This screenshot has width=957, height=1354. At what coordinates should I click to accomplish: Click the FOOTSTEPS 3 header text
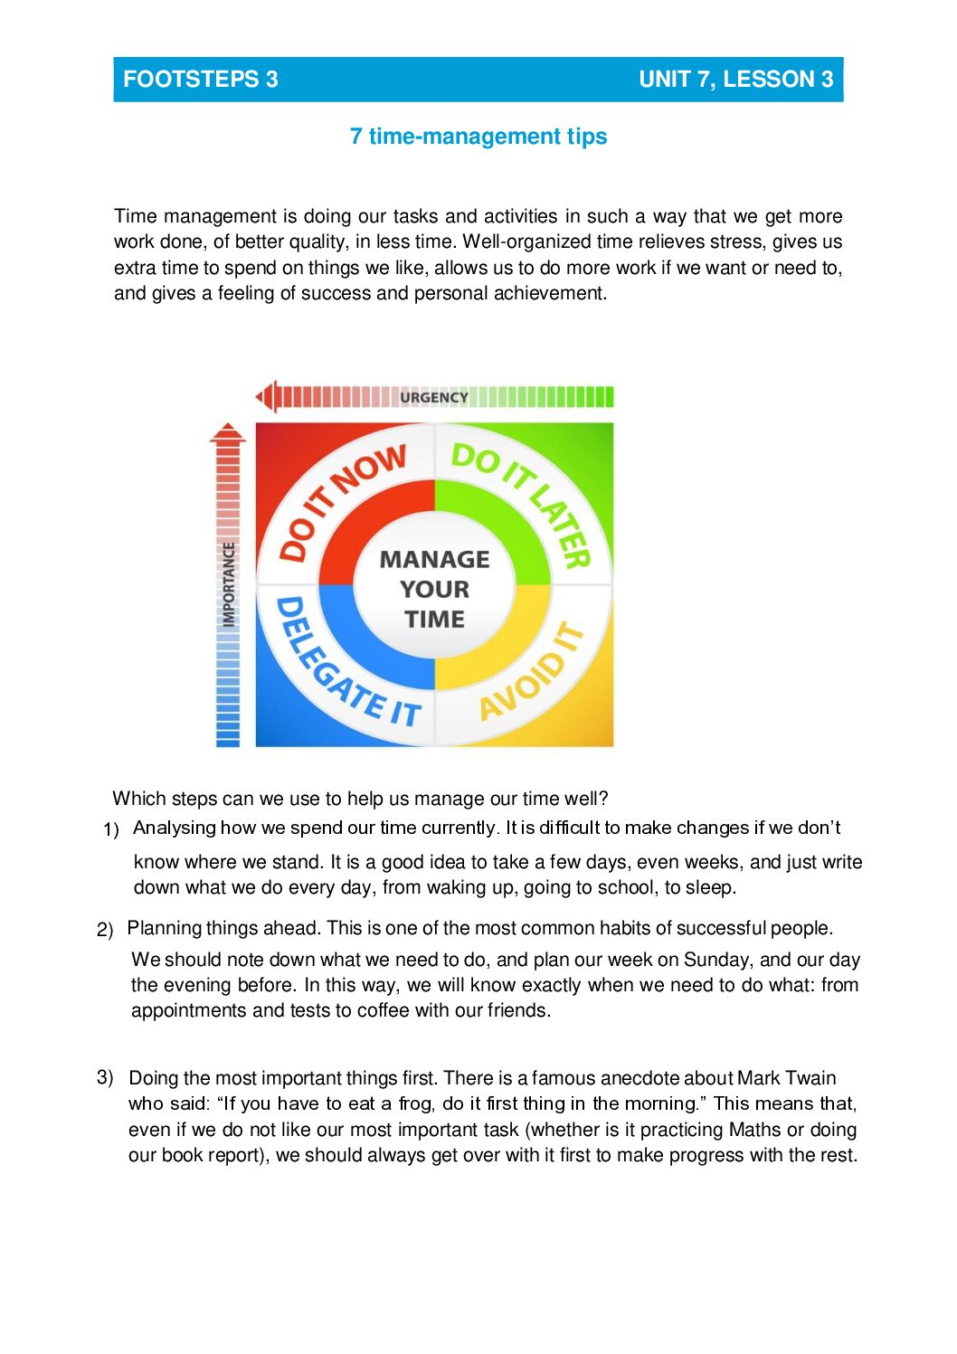tap(200, 80)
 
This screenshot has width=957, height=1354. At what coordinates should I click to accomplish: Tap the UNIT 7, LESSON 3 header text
tap(735, 80)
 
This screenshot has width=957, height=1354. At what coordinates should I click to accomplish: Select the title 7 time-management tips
tap(478, 137)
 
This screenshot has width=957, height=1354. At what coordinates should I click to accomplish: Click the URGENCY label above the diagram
tap(434, 397)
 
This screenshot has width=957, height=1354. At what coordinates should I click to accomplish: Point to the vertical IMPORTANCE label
tap(229, 583)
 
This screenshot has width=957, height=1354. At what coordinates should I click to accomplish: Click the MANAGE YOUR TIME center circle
tap(435, 589)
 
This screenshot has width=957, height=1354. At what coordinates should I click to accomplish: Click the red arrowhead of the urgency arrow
tap(265, 396)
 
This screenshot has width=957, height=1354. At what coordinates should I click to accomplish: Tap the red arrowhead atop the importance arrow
tap(228, 432)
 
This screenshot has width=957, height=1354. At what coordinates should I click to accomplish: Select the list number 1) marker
tap(111, 829)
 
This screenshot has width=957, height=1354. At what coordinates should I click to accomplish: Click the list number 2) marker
tap(105, 930)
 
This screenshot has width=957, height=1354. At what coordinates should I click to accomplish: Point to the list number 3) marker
tap(105, 1077)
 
